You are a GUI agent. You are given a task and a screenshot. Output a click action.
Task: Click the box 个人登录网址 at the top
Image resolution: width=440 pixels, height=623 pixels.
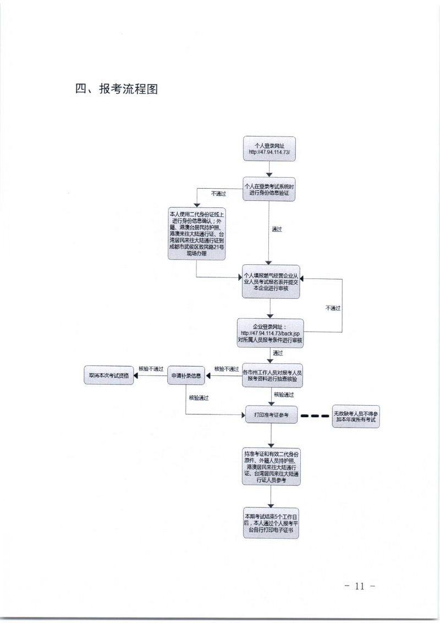coord(269,149)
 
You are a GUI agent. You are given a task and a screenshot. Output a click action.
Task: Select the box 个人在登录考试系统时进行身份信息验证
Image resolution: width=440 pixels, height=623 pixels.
coord(269,189)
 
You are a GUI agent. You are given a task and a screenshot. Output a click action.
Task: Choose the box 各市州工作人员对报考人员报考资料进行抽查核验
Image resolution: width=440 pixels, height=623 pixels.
coord(272,376)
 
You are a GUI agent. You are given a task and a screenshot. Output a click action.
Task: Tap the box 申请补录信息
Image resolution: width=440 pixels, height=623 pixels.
coord(186,376)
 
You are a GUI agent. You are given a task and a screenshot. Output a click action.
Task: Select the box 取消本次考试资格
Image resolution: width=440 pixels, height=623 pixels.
coord(108,376)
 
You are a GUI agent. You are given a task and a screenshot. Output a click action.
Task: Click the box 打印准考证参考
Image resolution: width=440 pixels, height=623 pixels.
coord(271,414)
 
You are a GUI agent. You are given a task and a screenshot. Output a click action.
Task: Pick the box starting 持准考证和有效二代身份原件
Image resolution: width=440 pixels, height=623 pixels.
coord(271,467)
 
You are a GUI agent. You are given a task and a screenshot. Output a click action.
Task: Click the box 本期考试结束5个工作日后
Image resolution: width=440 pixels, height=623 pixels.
coord(271,523)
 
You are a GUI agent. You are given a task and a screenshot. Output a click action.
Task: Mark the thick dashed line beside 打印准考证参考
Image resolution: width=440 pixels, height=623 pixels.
coord(316,415)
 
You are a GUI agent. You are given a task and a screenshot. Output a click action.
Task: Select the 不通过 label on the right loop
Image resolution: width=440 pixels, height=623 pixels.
coord(333,308)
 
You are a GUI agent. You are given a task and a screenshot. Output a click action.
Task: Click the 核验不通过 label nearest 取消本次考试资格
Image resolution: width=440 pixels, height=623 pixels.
coord(151,369)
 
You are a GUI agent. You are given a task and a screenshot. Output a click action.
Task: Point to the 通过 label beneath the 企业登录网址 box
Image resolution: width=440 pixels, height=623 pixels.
coord(277,352)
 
